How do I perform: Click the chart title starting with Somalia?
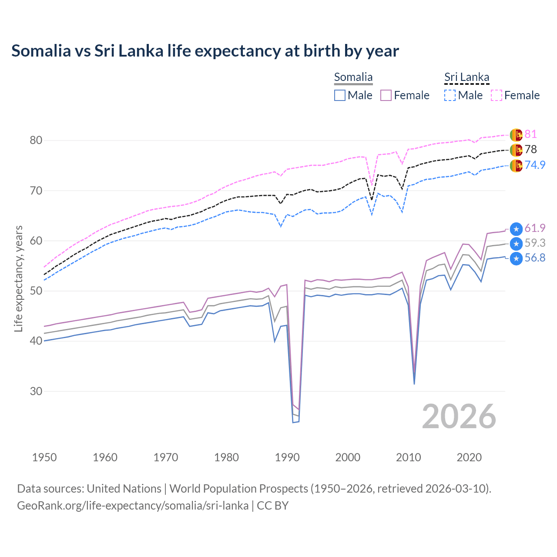(205, 51)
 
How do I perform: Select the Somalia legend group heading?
(353, 77)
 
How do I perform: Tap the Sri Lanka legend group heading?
(466, 77)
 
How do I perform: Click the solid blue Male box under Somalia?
(340, 95)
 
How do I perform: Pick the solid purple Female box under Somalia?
(386, 95)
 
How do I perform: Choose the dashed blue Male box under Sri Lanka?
(450, 95)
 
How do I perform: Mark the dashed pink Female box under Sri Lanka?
(497, 95)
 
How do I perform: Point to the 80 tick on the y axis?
(36, 140)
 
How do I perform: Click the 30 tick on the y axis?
(36, 391)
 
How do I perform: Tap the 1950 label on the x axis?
(44, 457)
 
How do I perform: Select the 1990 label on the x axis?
(287, 457)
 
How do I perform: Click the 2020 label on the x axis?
(469, 457)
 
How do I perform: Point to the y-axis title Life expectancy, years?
(19, 278)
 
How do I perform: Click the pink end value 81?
(530, 134)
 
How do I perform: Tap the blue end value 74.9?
(535, 165)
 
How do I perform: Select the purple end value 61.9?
(535, 228)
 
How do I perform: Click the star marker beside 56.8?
(516, 258)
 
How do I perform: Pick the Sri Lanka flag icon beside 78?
(516, 150)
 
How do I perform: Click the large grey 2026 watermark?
(459, 416)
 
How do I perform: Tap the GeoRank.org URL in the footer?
(133, 506)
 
